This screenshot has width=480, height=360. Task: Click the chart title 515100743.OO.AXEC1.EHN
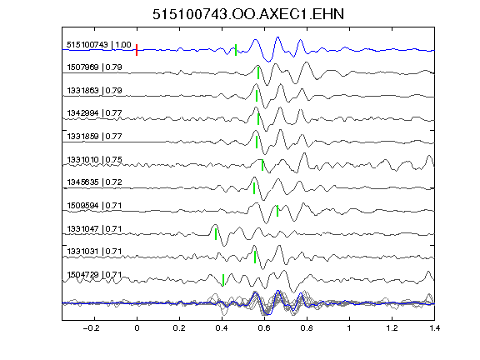[248, 14]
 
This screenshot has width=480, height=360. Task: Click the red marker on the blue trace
[137, 50]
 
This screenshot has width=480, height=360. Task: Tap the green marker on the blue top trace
[236, 50]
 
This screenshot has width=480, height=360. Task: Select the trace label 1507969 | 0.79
[94, 67]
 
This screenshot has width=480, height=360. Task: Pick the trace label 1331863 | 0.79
[94, 90]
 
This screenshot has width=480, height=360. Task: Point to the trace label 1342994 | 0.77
[94, 113]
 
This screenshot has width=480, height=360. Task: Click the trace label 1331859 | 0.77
[94, 136]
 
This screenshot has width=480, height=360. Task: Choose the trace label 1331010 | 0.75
[94, 159]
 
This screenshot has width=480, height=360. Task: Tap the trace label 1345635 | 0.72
[94, 182]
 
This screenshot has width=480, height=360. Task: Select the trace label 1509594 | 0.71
[94, 205]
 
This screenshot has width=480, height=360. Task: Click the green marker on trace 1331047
[216, 234]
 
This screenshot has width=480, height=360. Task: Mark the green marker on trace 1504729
[223, 280]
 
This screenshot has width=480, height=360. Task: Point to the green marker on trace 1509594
[277, 211]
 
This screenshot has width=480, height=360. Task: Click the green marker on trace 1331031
[255, 257]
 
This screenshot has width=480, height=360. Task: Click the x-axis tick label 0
[137, 328]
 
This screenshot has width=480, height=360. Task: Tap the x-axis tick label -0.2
[91, 328]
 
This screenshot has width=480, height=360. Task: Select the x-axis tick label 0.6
[264, 328]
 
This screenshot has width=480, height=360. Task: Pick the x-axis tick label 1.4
[434, 328]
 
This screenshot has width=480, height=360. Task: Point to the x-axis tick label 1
[349, 328]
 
